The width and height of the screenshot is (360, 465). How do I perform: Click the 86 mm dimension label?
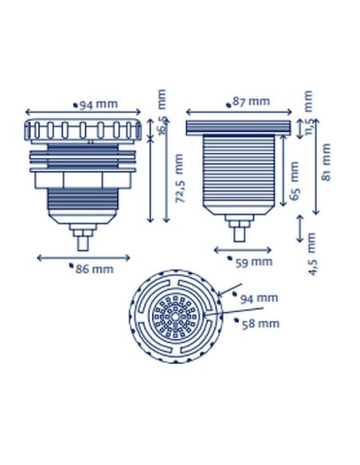[x=94, y=269]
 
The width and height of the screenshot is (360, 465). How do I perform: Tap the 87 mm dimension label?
[x=250, y=101]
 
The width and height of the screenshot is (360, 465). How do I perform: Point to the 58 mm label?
[x=260, y=323]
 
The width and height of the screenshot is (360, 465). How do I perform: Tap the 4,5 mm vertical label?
[x=311, y=254]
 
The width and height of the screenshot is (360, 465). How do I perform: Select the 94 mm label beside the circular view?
[x=259, y=299]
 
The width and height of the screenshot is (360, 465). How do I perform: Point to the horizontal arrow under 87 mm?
[x=239, y=111]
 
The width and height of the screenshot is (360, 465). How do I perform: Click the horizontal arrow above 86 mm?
[x=83, y=257]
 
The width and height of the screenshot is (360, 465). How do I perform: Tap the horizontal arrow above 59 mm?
[x=242, y=250]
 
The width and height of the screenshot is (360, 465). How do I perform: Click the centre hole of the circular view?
[x=175, y=317]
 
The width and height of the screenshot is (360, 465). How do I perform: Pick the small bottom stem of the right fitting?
[x=238, y=232]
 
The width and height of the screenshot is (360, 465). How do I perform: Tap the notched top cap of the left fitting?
[x=83, y=129]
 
